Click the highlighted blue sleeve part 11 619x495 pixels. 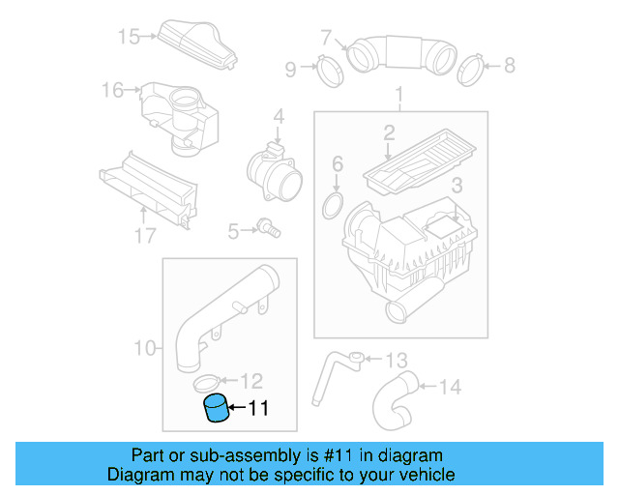pyautogui.click(x=217, y=410)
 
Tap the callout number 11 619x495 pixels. pyautogui.click(x=257, y=409)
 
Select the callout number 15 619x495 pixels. pyautogui.click(x=129, y=38)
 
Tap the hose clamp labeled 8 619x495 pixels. pyautogui.click(x=471, y=67)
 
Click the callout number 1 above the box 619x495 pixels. pyautogui.click(x=398, y=95)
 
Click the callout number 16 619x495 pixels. pyautogui.click(x=113, y=91)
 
